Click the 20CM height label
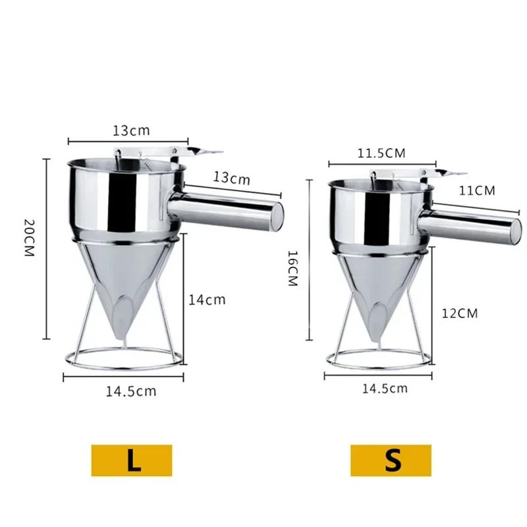(x=27, y=238)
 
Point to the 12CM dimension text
(x=459, y=313)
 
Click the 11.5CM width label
(x=381, y=153)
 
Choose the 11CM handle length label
(x=476, y=190)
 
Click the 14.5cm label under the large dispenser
(x=131, y=391)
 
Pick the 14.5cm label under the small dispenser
(x=385, y=388)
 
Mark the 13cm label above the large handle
(x=231, y=178)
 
